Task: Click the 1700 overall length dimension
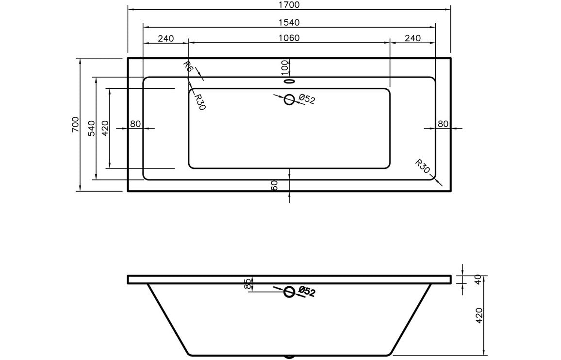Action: pos(289,5)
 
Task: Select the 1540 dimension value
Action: pos(289,22)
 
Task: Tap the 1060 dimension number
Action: pos(289,38)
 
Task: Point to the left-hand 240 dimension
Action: pos(165,38)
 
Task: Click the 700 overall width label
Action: pos(75,125)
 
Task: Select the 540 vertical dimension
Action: pos(91,129)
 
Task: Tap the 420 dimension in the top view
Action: pos(105,129)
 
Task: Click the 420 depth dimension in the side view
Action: pos(479,316)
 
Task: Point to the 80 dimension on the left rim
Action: pos(135,124)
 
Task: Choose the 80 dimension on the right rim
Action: pos(443,124)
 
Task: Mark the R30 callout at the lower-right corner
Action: pos(423,166)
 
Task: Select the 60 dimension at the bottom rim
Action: pos(274,185)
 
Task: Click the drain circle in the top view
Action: pos(289,99)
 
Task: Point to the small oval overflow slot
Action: pos(289,81)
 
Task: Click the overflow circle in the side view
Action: pos(289,292)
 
